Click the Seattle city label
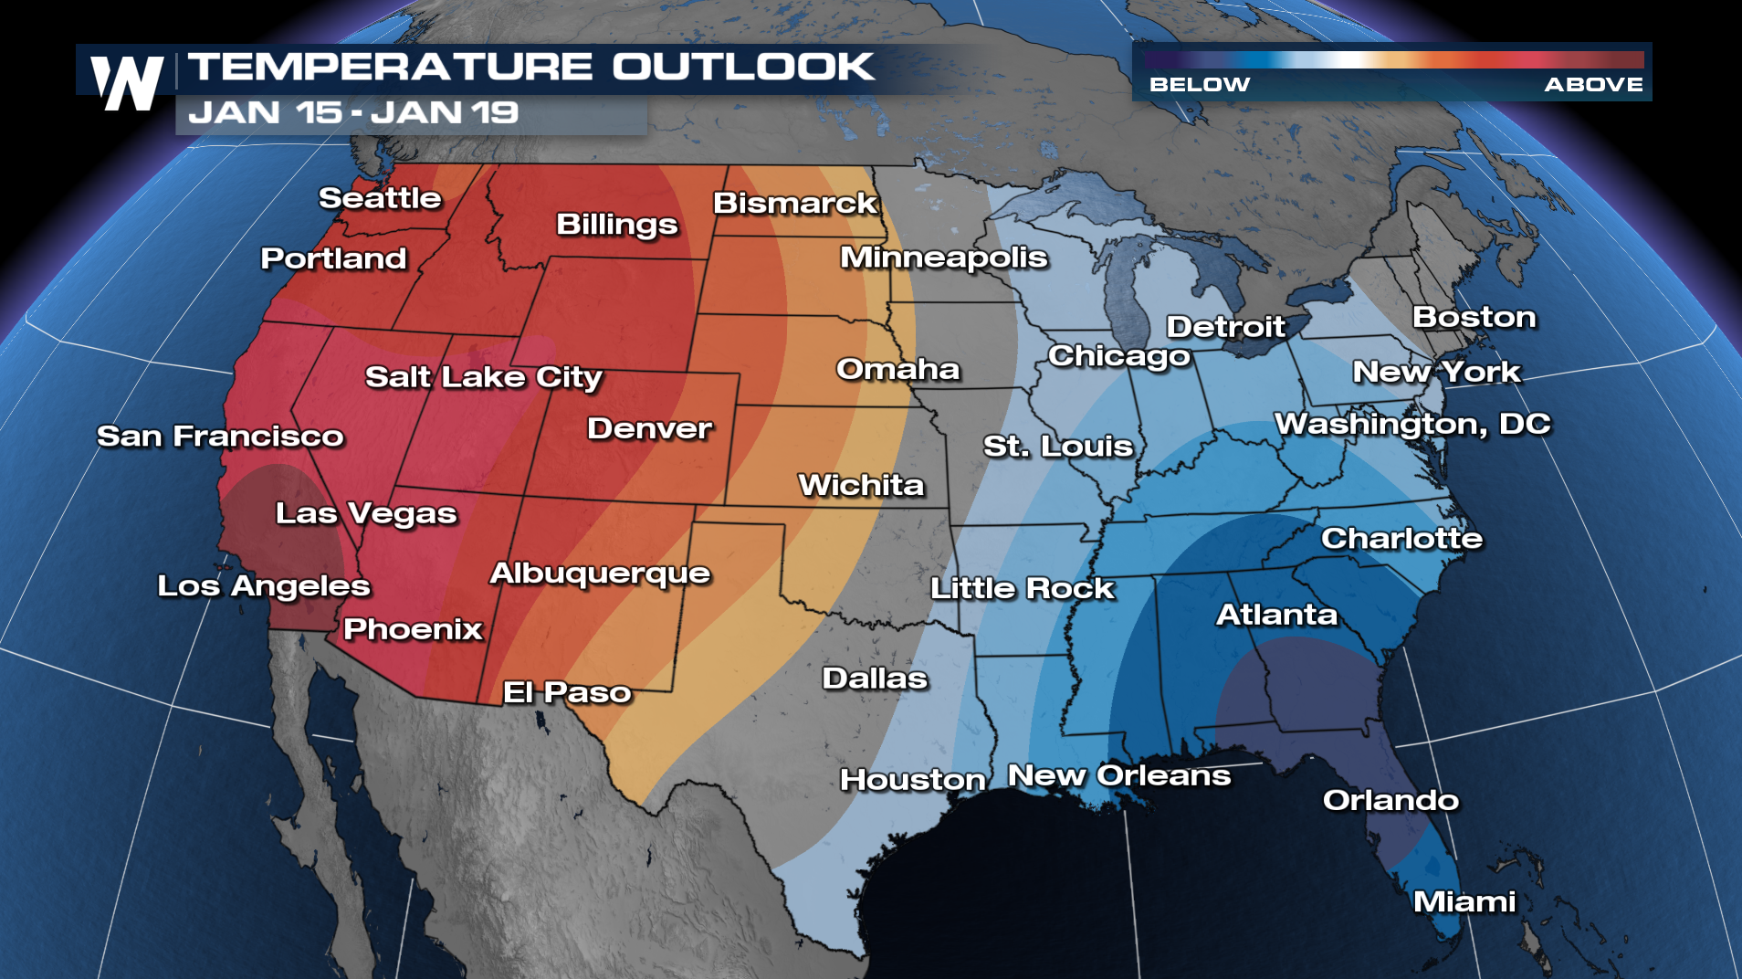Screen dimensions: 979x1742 tap(380, 198)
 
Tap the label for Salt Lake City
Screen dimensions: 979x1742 tap(483, 377)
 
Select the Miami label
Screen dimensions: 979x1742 tap(1464, 902)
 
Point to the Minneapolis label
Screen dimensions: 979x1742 tap(943, 258)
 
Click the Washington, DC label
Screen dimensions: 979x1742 tap(1411, 425)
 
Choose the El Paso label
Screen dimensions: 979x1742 tap(567, 692)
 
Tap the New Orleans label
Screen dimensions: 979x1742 tap(1118, 775)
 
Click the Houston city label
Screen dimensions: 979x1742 tap(912, 780)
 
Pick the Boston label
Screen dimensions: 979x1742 tap(1474, 317)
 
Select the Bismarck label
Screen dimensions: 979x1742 tap(794, 203)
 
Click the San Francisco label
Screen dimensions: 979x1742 tap(220, 437)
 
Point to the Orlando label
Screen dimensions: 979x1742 tap(1390, 801)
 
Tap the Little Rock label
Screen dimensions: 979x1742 tap(1022, 589)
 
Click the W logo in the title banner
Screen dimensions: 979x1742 tap(127, 82)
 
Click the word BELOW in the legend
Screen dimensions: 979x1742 tap(1199, 85)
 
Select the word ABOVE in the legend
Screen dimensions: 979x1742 tap(1593, 85)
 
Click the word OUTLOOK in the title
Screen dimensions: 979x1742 tap(742, 67)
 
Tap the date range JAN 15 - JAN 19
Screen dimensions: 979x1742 tap(353, 113)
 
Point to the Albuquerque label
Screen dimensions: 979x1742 tap(600, 574)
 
